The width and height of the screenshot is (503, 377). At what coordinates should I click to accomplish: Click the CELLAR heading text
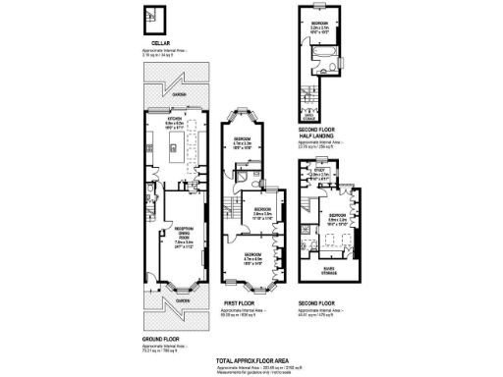click(x=149, y=43)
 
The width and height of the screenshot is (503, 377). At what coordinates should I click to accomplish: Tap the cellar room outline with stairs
click(x=152, y=18)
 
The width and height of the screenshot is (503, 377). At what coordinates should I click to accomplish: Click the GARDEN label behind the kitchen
click(x=179, y=94)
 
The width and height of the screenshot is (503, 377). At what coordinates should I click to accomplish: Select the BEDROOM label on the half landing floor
click(x=321, y=22)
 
